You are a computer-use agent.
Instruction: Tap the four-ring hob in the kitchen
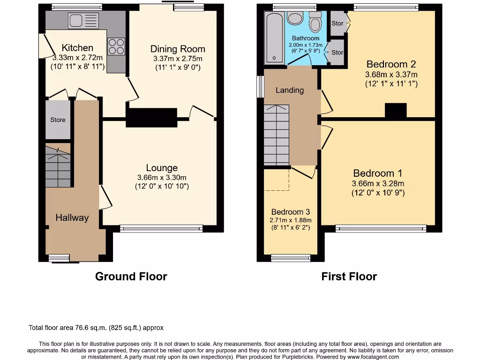(x=116, y=46)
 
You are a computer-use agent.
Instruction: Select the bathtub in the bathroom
(x=273, y=37)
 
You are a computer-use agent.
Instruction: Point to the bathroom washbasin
(x=295, y=18)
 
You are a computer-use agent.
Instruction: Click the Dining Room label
(x=178, y=49)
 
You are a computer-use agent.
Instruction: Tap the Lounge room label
(x=162, y=168)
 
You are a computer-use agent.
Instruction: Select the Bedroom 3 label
(x=290, y=212)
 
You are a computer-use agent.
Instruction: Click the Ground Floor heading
(x=131, y=277)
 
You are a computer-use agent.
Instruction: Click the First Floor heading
(x=349, y=277)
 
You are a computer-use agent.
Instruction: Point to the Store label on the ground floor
(x=58, y=120)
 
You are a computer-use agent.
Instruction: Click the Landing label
(x=289, y=90)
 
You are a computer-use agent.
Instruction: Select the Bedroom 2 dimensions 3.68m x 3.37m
(x=391, y=75)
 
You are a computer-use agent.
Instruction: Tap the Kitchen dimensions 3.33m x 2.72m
(x=77, y=58)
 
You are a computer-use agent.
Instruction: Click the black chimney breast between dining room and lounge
(x=151, y=117)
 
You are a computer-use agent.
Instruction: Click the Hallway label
(x=72, y=217)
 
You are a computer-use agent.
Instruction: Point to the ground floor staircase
(x=58, y=166)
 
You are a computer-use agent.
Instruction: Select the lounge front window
(x=161, y=229)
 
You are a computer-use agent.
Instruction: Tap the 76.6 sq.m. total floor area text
(x=96, y=328)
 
